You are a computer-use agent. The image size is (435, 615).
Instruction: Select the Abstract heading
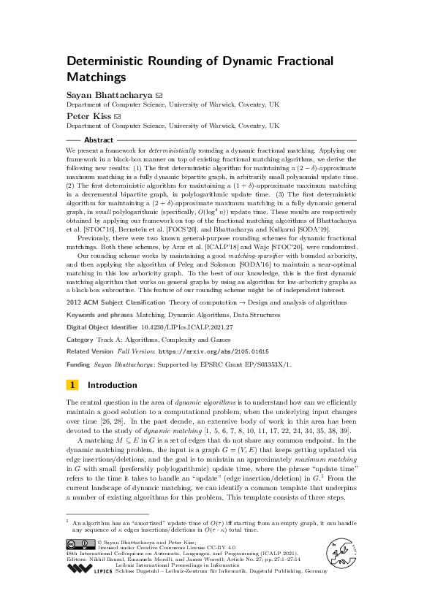click(x=99, y=140)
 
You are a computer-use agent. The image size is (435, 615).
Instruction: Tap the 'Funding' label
click(x=78, y=362)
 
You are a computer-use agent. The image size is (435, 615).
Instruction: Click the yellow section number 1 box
click(x=72, y=385)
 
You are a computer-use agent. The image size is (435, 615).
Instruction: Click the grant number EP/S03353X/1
click(x=252, y=362)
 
